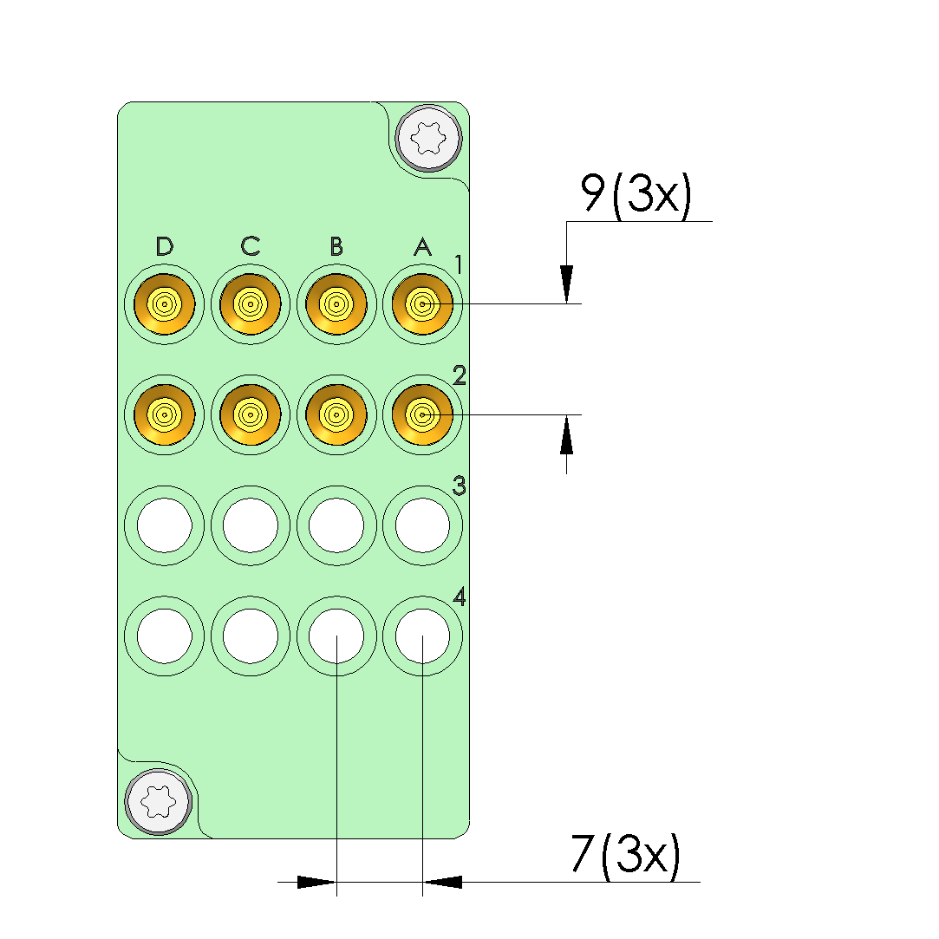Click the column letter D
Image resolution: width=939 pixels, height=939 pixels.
[164, 246]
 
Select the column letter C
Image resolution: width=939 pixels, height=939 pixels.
[251, 246]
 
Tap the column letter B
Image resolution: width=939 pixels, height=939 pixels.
[336, 246]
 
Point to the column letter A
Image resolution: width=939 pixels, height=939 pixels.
[423, 246]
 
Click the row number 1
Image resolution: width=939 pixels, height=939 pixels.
[459, 264]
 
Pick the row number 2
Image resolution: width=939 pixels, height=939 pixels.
[460, 375]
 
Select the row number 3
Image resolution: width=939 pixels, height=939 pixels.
[460, 486]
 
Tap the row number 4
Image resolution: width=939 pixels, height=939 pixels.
[460, 597]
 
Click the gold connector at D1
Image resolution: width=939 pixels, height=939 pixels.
[165, 304]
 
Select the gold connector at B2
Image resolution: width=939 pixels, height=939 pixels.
[336, 414]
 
